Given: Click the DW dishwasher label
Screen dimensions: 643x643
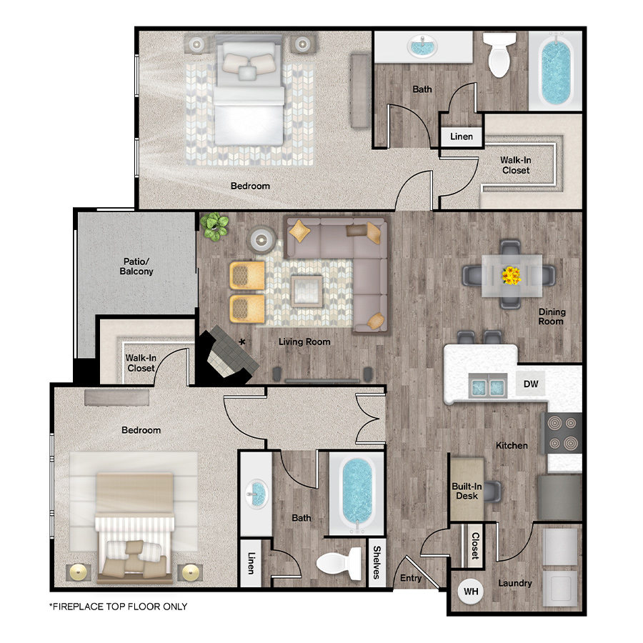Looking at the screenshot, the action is click(531, 384).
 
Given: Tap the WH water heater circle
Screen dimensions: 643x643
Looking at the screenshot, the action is click(471, 592).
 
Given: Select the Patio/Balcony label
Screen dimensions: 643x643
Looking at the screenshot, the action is click(136, 266).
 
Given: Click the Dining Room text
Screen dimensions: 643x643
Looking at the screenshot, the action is click(552, 316).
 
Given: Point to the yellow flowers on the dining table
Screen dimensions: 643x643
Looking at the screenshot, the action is click(512, 276).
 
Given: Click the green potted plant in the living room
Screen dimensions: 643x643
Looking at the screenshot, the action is click(214, 226).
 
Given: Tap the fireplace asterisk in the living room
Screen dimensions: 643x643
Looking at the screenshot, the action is click(242, 342).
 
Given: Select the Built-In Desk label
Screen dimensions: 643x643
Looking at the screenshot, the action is click(467, 491).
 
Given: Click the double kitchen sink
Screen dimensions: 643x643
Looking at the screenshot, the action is click(487, 386).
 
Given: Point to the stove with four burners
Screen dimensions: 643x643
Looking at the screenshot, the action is click(562, 433).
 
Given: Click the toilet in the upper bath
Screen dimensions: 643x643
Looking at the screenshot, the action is click(499, 54).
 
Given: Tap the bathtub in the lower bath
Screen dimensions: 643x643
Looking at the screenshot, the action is click(357, 493).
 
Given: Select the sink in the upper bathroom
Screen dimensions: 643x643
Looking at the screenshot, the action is click(422, 46).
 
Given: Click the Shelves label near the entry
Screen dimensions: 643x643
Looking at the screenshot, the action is click(377, 562).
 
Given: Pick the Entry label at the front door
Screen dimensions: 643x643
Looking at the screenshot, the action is click(411, 578).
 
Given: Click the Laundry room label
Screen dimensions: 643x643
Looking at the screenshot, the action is click(515, 583).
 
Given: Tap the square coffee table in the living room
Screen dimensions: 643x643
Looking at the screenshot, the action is click(306, 291).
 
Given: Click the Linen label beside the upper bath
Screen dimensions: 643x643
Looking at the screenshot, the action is click(462, 136).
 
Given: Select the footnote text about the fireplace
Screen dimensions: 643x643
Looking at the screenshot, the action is click(118, 607).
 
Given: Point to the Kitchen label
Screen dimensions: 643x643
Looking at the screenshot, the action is click(512, 445).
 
